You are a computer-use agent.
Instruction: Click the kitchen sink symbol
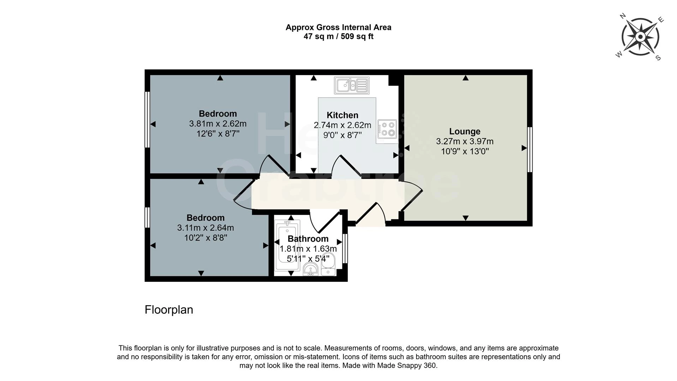(x=352, y=85)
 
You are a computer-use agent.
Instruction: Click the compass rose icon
(x=640, y=37)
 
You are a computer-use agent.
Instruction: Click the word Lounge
(x=465, y=131)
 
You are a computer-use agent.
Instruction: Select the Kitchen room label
(x=342, y=115)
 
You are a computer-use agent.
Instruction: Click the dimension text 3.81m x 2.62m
(x=217, y=124)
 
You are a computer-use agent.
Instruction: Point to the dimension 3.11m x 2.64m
(x=205, y=228)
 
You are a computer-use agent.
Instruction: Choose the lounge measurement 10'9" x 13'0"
(x=465, y=151)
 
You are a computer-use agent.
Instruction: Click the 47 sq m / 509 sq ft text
(x=338, y=36)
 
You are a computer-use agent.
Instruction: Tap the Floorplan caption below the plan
(x=169, y=310)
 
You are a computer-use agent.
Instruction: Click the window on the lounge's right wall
(x=529, y=149)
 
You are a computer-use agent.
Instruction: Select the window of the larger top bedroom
(x=148, y=119)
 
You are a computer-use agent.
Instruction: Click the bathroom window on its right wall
(x=345, y=248)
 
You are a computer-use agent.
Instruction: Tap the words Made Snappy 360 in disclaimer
(x=407, y=365)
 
